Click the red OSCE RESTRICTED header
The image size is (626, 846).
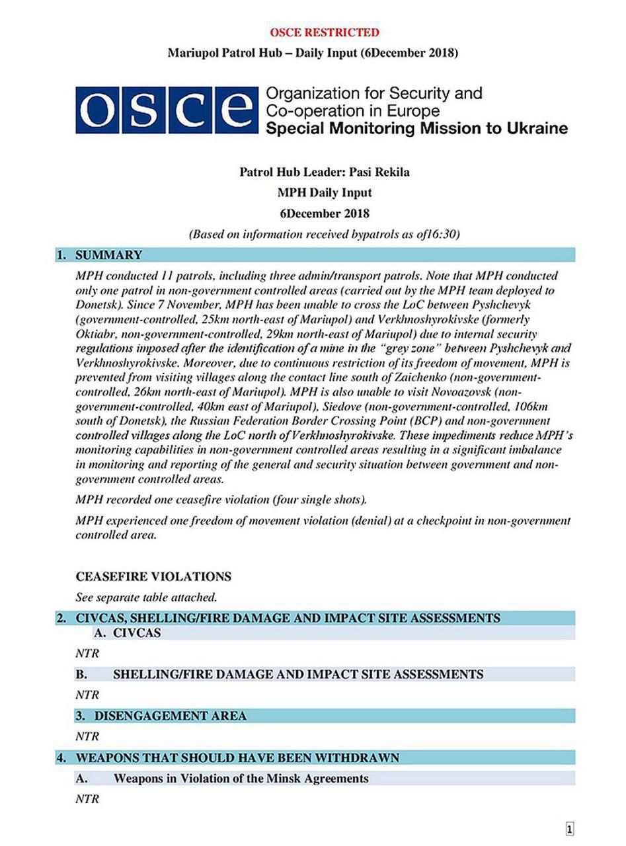324,32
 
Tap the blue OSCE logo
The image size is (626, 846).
166,110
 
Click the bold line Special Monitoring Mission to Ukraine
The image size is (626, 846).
416,128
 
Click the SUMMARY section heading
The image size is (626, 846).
108,255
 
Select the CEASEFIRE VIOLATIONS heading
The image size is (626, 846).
153,576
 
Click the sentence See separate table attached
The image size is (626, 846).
146,597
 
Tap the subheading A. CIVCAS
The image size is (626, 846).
128,633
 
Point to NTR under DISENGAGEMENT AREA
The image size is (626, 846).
87,736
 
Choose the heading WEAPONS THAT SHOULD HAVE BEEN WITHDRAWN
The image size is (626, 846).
237,757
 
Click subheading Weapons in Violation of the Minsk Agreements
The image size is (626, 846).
241,778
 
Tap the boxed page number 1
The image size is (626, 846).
570,829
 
